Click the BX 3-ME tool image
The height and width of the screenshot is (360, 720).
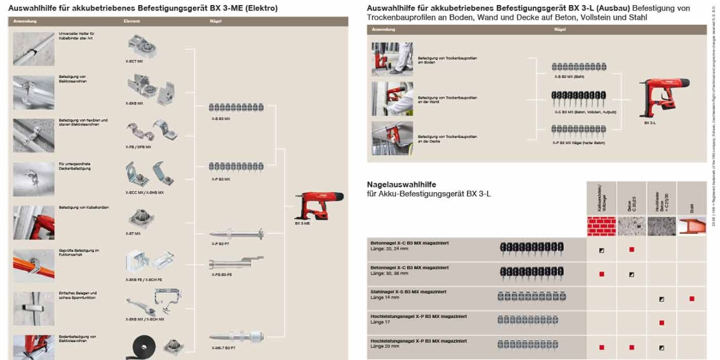[x=316, y=206]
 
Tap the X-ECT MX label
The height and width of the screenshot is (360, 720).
[x=134, y=61]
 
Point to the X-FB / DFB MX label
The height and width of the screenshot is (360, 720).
[x=138, y=147]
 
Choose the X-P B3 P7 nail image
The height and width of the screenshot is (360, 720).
[x=236, y=234]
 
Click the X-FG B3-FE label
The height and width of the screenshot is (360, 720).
[x=220, y=274]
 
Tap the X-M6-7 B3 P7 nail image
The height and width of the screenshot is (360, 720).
[x=236, y=337]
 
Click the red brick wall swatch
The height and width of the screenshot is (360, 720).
[x=601, y=226]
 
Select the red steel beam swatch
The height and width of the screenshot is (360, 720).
[x=692, y=226]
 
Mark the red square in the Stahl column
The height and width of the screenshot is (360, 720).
[x=692, y=299]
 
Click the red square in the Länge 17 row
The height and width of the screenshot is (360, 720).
[x=661, y=323]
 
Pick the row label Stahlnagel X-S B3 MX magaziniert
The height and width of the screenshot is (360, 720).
[x=408, y=292]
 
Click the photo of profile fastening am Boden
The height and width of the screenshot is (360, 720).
[x=392, y=59]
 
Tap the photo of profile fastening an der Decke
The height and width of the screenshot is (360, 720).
[x=392, y=138]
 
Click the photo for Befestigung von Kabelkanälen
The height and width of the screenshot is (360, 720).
[x=34, y=222]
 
